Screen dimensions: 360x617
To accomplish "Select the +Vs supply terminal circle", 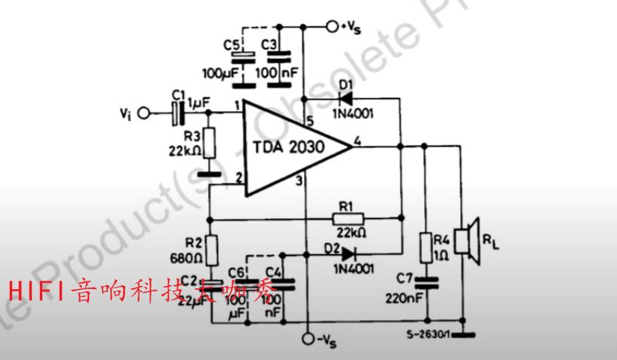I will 332,27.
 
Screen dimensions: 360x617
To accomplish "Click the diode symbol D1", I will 347,97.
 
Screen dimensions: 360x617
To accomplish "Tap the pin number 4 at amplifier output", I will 358,139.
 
